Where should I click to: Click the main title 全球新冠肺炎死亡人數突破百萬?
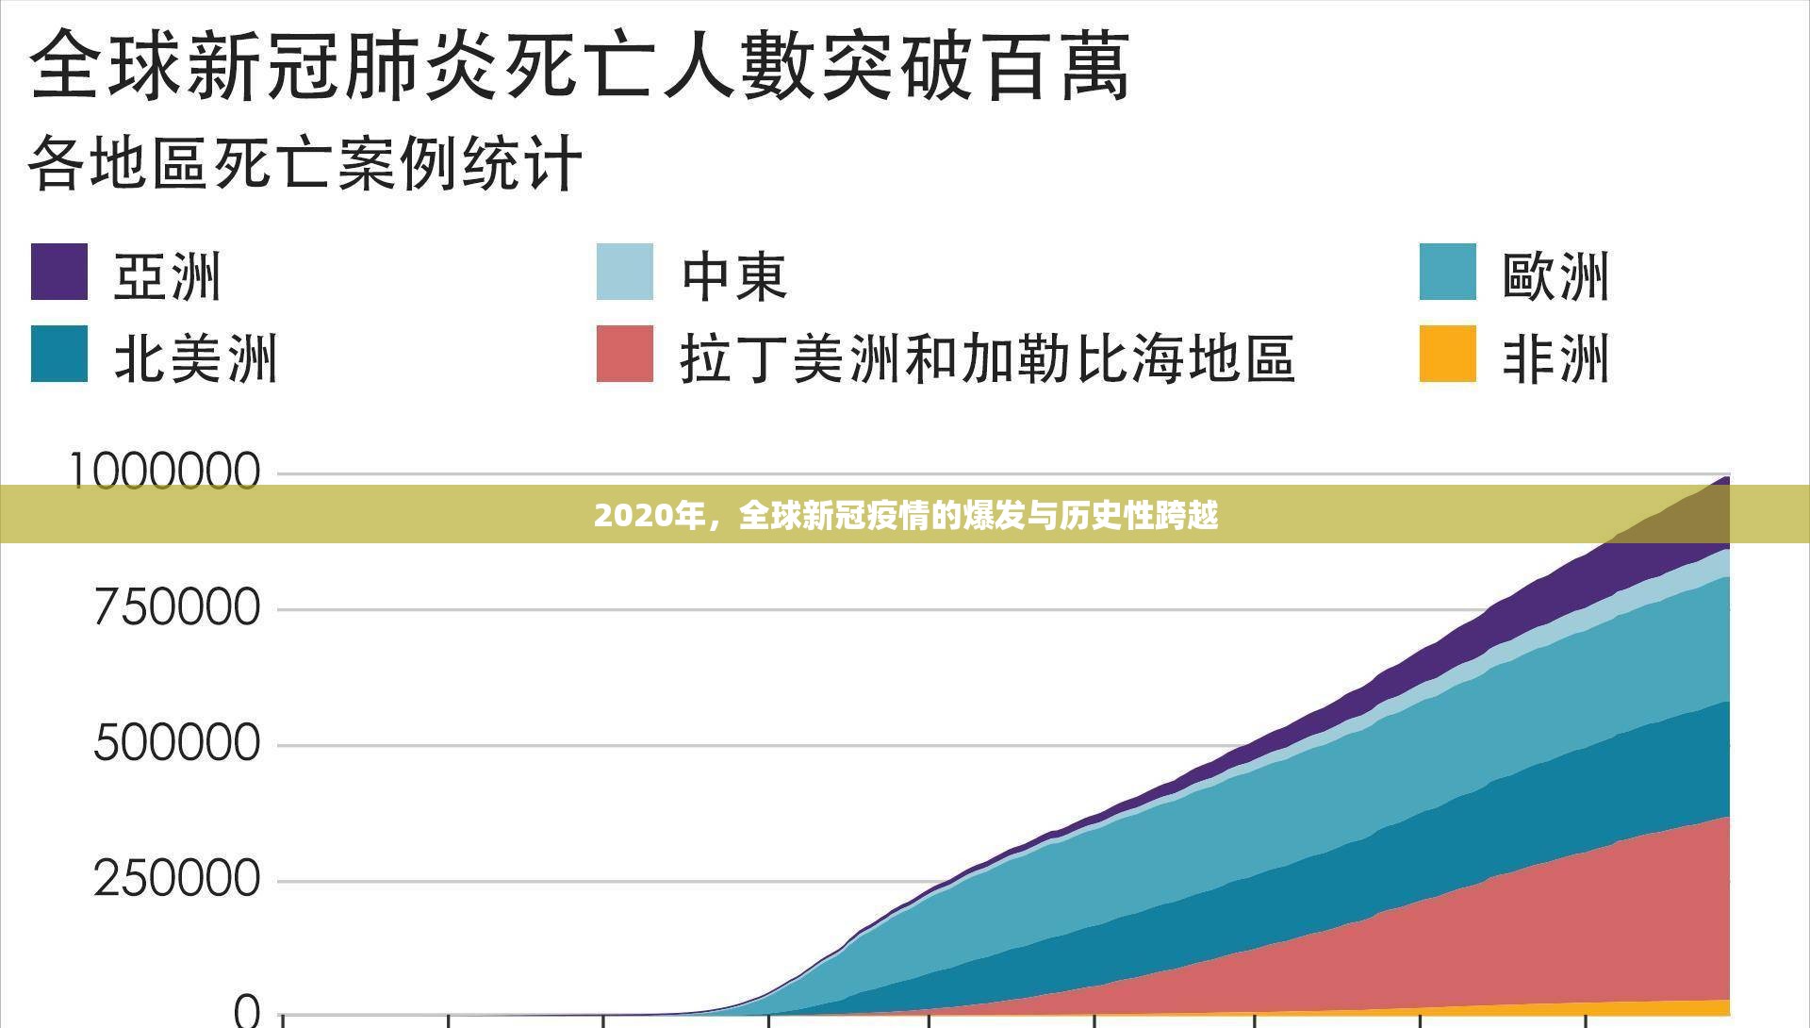click(x=579, y=64)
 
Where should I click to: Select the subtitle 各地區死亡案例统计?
click(x=305, y=163)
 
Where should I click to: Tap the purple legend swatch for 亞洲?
click(x=59, y=272)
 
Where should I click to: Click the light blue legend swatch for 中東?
click(x=624, y=272)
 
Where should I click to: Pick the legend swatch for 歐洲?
click(x=1447, y=272)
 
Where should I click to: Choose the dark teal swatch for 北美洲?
click(x=59, y=354)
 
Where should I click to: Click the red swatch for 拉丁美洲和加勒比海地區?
click(x=624, y=354)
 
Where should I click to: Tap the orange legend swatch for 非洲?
click(x=1447, y=354)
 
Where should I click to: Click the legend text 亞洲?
click(x=167, y=275)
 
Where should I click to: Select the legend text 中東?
click(x=734, y=275)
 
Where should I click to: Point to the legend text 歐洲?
click(x=1555, y=275)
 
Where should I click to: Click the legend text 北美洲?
click(x=196, y=358)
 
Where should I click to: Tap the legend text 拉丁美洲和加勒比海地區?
click(x=987, y=358)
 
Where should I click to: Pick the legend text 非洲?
click(x=1555, y=358)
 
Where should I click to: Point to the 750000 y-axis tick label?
click(x=177, y=607)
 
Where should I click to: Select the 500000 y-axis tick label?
click(x=177, y=743)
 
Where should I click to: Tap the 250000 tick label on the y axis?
click(x=177, y=879)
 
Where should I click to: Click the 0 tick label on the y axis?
click(x=246, y=1011)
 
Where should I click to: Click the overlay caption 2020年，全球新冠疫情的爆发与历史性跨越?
click(x=906, y=515)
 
